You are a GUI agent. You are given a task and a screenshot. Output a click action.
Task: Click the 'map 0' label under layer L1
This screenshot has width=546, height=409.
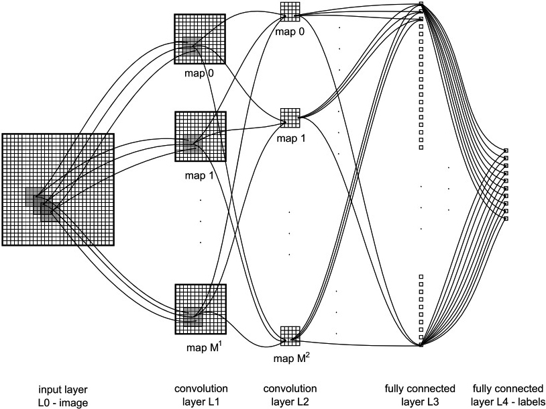(x=199, y=74)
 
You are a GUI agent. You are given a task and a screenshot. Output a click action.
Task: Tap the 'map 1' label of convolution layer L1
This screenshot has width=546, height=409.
(x=199, y=175)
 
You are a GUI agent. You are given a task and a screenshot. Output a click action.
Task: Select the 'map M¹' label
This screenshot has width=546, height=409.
(x=204, y=347)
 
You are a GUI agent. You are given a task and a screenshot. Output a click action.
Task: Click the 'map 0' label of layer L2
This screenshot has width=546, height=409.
(x=290, y=32)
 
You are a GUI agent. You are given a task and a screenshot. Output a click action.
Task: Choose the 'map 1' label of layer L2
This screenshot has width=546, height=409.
(x=291, y=138)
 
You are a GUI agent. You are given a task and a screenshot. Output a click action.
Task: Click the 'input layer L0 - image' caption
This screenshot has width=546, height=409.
(x=63, y=396)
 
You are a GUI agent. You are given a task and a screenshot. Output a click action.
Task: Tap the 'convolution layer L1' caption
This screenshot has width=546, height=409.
(x=201, y=395)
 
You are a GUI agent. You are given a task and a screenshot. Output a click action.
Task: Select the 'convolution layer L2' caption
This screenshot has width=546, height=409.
(x=290, y=395)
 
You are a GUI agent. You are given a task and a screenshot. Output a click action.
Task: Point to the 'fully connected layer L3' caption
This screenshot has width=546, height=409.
(x=420, y=395)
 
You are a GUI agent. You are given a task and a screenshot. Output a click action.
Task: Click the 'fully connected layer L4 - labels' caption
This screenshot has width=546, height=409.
(x=508, y=395)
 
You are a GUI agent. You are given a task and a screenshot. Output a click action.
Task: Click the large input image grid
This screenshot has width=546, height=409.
(x=58, y=189)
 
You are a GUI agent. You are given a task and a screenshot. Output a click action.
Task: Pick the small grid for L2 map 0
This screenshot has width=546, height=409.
(x=290, y=12)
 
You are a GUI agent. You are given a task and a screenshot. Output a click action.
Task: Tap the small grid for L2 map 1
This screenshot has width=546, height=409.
(x=290, y=118)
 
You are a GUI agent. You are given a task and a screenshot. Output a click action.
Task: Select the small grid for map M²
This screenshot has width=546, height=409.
(x=290, y=336)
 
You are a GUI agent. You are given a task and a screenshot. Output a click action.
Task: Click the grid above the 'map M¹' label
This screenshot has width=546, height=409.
(x=201, y=310)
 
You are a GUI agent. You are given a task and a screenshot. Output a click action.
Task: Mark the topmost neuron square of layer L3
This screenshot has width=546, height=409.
(x=421, y=4)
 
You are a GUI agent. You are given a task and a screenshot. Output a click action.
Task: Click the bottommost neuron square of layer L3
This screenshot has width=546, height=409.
(x=421, y=345)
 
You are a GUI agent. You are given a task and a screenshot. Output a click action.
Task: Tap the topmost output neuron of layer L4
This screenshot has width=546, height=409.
(x=506, y=150)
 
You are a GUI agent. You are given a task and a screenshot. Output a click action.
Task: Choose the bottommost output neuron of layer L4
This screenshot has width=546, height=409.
(x=506, y=219)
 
